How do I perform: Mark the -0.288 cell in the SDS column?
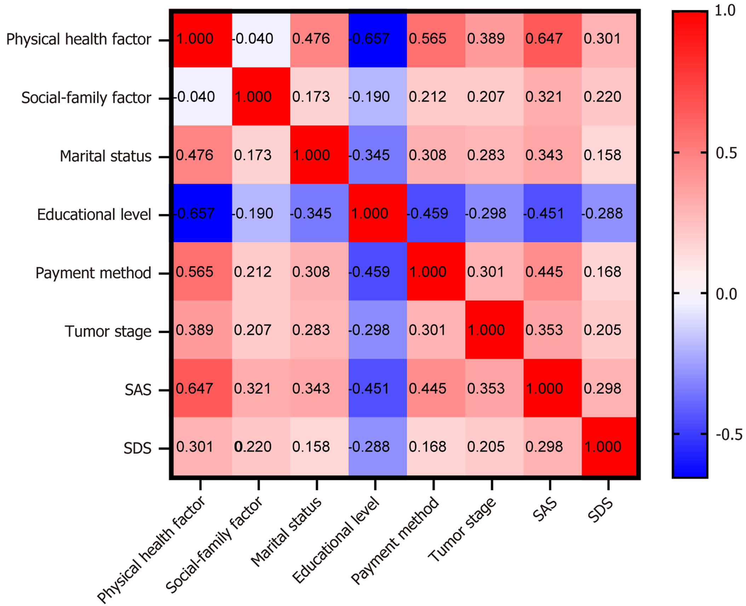click(608, 213)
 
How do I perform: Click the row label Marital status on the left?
click(105, 156)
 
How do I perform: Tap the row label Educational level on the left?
click(94, 215)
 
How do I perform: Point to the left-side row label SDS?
click(137, 448)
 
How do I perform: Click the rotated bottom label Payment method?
click(395, 540)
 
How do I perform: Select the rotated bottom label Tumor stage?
click(462, 530)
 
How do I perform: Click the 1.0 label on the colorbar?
click(725, 11)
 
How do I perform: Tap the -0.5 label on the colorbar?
click(729, 434)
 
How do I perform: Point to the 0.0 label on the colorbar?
click(726, 294)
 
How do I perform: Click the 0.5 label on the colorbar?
click(726, 153)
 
